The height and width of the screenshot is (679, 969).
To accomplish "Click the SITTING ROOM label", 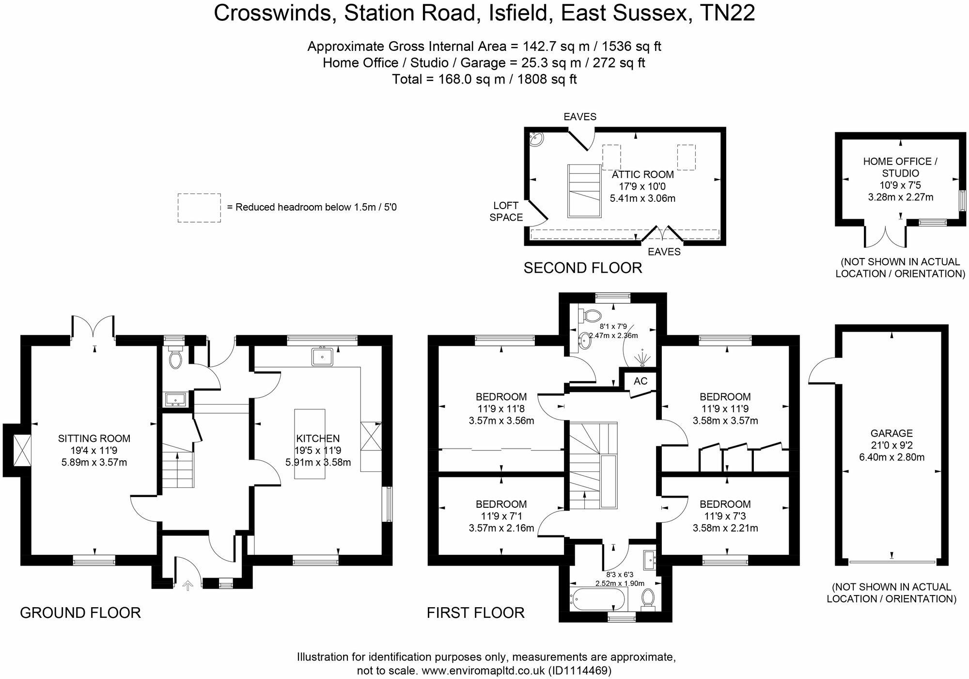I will coord(94,438).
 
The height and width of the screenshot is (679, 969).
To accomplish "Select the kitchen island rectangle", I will coord(310,444).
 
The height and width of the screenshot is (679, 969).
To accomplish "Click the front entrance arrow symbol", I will coord(188,586).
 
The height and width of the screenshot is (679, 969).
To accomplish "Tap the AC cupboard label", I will coord(640,381).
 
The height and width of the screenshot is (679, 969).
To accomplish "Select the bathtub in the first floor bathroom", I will coord(599,600).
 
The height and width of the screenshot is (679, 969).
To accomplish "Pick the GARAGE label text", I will coord(891,433).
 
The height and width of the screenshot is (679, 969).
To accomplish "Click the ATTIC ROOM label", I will coord(642,175).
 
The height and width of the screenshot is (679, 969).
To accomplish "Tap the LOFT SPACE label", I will coord(506,211).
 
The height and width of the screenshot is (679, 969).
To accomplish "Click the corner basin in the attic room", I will coord(537,138).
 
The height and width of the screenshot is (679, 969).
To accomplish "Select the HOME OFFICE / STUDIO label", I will coord(900,167).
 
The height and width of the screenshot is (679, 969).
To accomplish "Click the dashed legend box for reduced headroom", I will coord(199,208).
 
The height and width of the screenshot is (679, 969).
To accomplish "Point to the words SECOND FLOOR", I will coord(582,268).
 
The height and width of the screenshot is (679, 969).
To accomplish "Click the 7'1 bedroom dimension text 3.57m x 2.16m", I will coord(501,528).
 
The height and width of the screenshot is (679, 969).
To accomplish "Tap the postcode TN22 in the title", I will coord(728,13).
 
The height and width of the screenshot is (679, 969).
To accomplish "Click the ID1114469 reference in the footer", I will coord(579,671).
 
